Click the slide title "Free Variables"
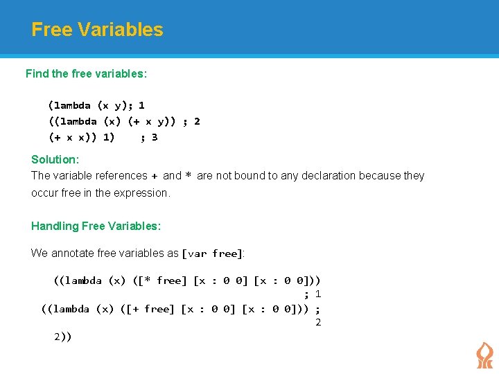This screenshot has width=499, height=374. pos(97,30)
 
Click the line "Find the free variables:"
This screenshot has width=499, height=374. pos(86,73)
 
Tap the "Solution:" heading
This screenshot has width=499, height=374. pos(55,159)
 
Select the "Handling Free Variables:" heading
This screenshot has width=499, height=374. pos(96,226)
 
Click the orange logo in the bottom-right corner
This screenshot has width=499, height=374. pos(484,355)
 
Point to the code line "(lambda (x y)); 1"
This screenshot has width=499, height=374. pos(96,106)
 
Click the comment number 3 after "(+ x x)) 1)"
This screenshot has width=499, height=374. pos(155,137)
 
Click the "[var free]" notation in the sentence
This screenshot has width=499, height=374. pos(212,253)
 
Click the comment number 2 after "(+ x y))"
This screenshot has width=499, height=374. pos(197,121)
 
